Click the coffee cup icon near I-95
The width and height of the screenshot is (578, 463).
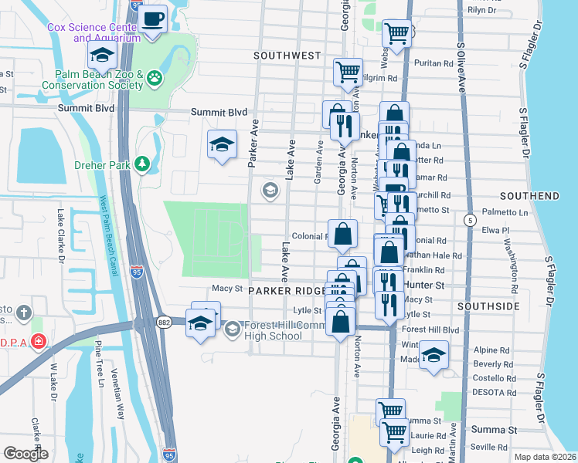click(x=153, y=18)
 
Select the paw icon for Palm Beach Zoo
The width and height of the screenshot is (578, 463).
click(x=156, y=77)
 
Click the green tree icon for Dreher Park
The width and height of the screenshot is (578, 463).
click(x=141, y=163)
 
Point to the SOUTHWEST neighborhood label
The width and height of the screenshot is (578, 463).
click(x=287, y=56)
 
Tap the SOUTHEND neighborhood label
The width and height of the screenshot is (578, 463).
click(x=529, y=197)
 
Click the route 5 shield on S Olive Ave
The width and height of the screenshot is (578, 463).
click(x=469, y=221)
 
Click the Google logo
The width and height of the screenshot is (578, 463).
click(x=26, y=453)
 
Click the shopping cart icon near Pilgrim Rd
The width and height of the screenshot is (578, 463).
click(x=348, y=72)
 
